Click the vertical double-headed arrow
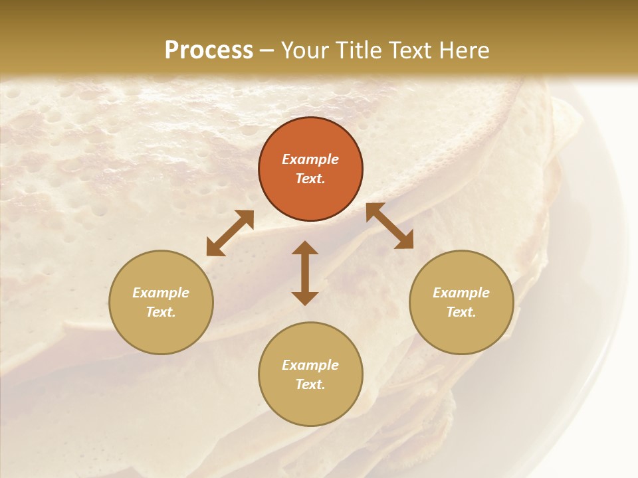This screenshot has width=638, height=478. [x=305, y=273]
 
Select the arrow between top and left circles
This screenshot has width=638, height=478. [x=230, y=233]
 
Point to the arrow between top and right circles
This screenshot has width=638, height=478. [x=390, y=226]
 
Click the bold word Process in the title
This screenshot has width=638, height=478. [x=209, y=50]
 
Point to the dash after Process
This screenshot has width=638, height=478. [x=267, y=50]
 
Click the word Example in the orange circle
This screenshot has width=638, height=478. [x=310, y=159]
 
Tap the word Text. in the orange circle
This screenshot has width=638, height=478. [x=310, y=179]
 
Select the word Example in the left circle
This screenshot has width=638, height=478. [x=161, y=293]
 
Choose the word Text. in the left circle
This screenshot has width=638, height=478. [x=161, y=312]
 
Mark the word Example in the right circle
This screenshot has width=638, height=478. [x=461, y=293]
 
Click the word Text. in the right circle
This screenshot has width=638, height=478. [x=461, y=312]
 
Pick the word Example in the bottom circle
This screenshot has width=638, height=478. [x=310, y=365]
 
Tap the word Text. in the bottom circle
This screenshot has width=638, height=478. [x=310, y=384]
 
